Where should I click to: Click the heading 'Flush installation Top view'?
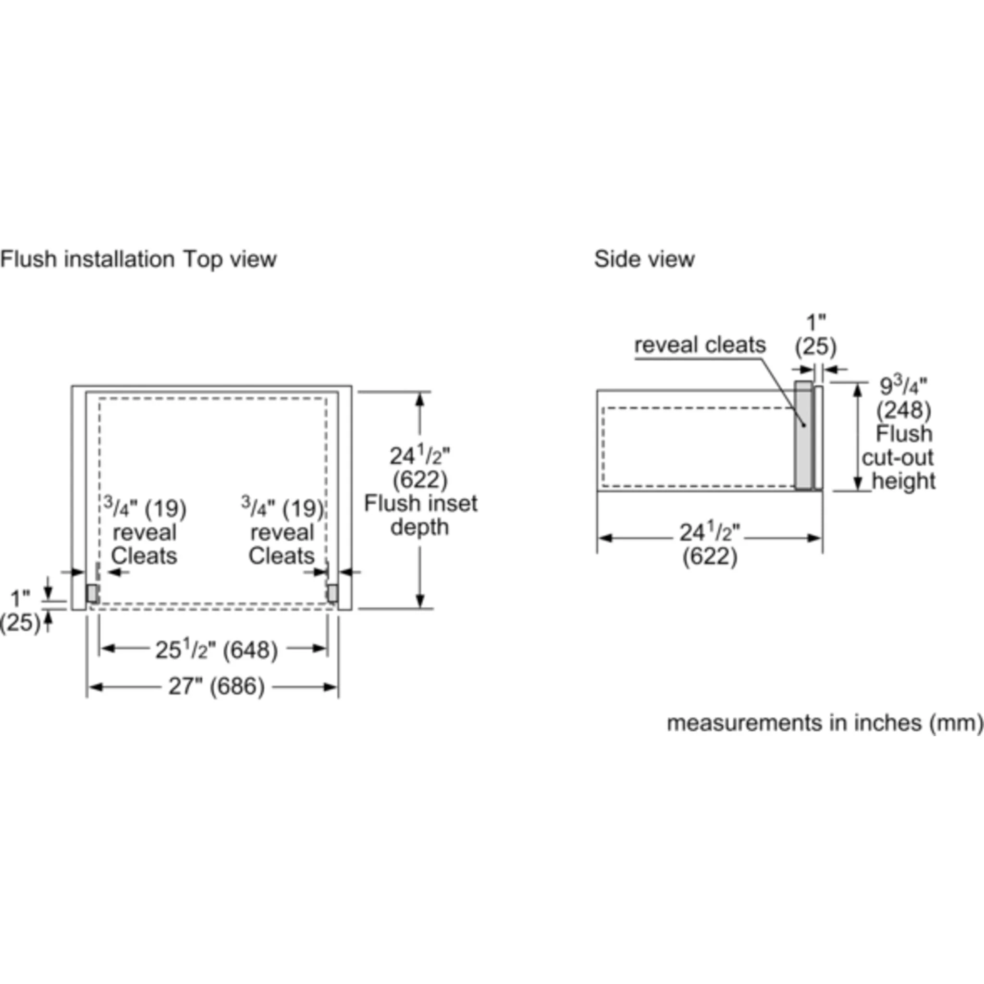(x=138, y=259)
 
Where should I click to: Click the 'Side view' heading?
(x=644, y=259)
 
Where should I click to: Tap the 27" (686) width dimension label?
(x=217, y=687)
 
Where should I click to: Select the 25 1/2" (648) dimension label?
(x=217, y=650)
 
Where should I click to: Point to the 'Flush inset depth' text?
(x=421, y=515)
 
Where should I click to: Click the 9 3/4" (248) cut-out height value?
(x=904, y=398)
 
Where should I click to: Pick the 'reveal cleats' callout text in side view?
(x=700, y=345)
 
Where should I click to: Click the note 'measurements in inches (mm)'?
(x=824, y=723)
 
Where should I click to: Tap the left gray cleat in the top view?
(x=92, y=593)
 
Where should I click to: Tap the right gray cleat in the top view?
(x=332, y=593)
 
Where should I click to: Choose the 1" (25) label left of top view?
(x=20, y=611)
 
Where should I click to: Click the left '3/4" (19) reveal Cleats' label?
(x=145, y=531)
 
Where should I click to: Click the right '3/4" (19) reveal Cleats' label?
(x=282, y=531)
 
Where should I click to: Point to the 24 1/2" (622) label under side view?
(x=710, y=544)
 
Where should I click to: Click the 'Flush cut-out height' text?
(x=898, y=457)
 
